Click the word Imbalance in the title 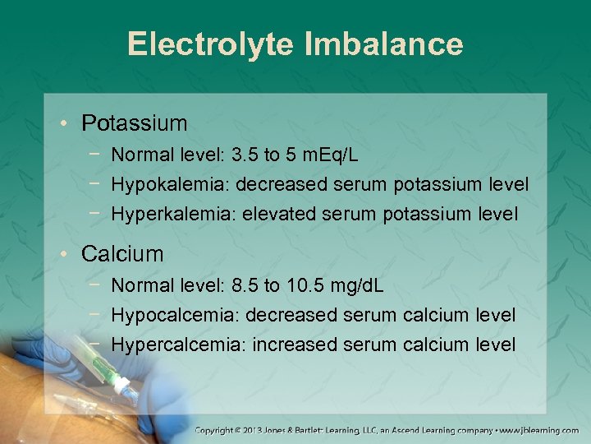point(383,44)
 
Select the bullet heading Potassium point(135,123)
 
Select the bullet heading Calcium point(122,254)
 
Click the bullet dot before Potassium point(64,125)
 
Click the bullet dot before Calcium point(64,255)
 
